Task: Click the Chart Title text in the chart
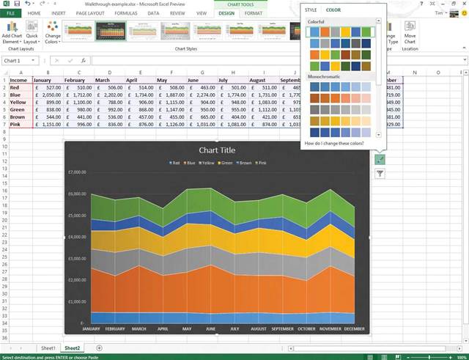(216, 150)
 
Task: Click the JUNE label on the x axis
(211, 328)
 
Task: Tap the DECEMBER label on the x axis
(355, 328)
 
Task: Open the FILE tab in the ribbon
(11, 13)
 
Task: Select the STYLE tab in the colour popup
(311, 10)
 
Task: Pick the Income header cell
(18, 80)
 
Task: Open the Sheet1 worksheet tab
(48, 348)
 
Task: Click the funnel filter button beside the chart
(380, 174)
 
